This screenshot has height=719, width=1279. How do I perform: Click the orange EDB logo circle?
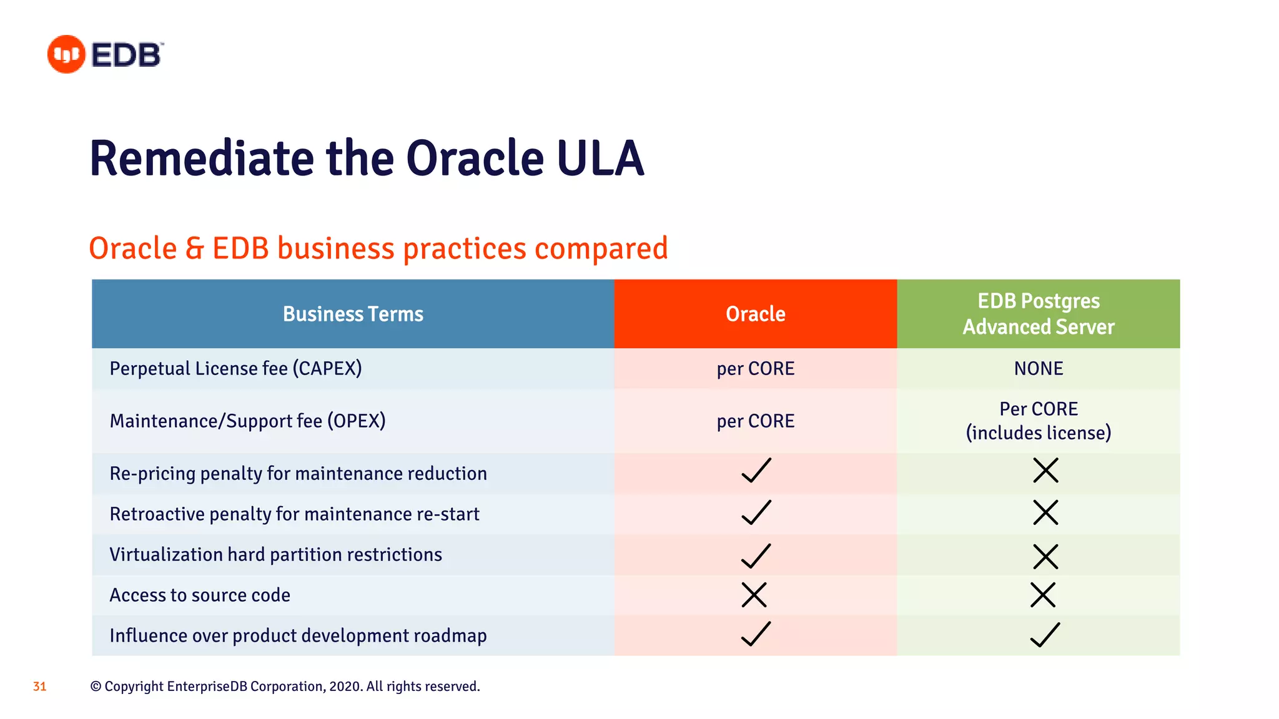66,54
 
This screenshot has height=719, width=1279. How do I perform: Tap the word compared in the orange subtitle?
601,248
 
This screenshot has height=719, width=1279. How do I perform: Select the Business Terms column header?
353,314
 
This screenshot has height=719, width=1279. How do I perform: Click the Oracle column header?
755,314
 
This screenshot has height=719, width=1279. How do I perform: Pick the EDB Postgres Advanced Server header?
1038,314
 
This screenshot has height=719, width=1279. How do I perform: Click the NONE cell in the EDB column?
1038,368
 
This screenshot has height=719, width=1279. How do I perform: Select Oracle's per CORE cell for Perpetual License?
755,368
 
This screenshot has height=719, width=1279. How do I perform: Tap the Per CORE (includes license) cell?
1038,421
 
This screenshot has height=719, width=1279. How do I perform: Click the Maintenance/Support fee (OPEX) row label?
247,421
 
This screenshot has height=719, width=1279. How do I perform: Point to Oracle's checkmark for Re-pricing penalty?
756,471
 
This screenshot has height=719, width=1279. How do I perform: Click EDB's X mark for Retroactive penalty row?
1045,512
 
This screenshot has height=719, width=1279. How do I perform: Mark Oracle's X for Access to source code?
754,595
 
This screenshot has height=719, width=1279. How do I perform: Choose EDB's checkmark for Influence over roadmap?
1044,635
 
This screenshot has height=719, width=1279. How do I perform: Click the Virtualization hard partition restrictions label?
275,554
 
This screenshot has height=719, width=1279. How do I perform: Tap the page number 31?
39,687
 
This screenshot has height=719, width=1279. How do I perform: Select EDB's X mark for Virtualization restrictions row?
1045,556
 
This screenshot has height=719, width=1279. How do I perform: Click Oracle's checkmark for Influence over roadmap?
756,634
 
